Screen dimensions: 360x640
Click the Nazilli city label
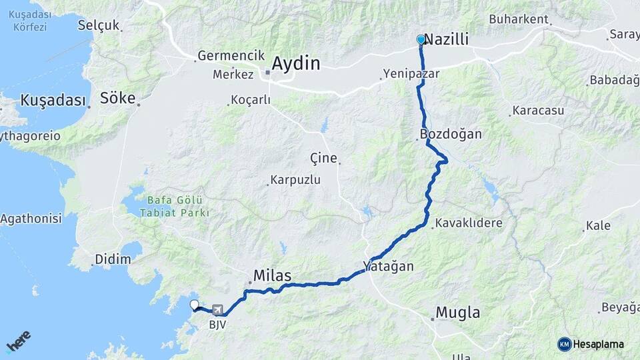click(x=447, y=40)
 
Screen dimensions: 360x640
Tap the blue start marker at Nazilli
click(x=421, y=40)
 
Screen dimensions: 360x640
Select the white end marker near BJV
click(x=194, y=305)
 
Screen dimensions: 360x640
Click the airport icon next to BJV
click(x=217, y=310)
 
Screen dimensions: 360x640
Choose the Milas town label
click(x=272, y=275)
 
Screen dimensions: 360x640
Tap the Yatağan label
click(x=389, y=266)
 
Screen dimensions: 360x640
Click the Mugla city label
click(x=457, y=312)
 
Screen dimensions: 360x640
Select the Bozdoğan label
click(x=451, y=134)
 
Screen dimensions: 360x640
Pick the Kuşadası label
click(x=53, y=100)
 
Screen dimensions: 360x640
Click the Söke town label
click(x=117, y=99)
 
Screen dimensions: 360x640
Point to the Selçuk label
click(x=98, y=25)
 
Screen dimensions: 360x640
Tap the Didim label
click(x=113, y=259)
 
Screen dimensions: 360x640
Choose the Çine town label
click(x=323, y=158)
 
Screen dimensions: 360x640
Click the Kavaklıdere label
click(x=469, y=223)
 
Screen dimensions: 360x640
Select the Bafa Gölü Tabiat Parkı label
click(x=175, y=207)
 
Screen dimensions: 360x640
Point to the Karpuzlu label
click(x=296, y=180)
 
